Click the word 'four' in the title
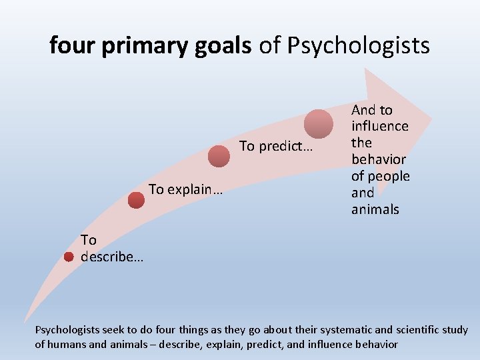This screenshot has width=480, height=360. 73,45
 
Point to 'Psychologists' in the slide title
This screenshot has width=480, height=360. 359,45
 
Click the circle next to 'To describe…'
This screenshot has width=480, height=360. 69,257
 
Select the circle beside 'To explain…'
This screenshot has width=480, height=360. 136,199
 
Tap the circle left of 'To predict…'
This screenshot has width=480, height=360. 218,156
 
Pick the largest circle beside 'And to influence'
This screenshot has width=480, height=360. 319,124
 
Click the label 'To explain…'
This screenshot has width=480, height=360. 186,189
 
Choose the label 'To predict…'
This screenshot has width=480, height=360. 275,146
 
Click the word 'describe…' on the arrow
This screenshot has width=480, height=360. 111,257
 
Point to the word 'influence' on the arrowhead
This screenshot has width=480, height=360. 380,126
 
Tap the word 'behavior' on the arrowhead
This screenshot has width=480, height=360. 379,159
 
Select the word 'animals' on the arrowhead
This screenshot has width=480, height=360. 375,209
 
